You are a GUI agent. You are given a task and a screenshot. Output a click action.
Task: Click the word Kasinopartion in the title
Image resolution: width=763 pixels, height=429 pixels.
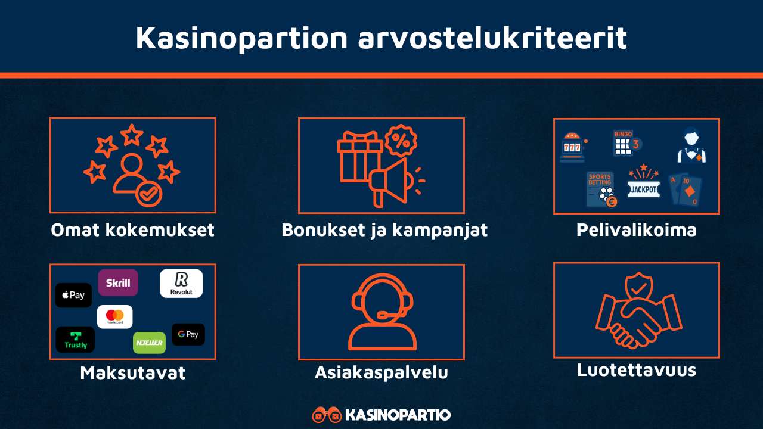click(241, 38)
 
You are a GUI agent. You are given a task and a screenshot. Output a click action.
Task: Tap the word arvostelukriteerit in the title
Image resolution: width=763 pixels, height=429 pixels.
click(492, 38)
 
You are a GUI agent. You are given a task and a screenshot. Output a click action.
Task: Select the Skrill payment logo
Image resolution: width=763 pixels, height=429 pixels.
click(118, 283)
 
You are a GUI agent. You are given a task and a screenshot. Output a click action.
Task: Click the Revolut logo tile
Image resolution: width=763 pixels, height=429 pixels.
click(181, 284)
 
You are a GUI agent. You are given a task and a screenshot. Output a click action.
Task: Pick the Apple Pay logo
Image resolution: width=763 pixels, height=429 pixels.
click(73, 295)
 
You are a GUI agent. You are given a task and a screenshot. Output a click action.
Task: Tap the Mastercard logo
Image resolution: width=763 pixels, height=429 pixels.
click(114, 316)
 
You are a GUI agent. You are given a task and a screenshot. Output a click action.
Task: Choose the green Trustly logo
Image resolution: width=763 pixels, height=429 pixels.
click(75, 339)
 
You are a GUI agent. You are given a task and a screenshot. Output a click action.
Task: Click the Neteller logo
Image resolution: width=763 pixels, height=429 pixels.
click(149, 343)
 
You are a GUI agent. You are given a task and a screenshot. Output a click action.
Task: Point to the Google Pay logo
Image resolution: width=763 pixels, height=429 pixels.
click(188, 334)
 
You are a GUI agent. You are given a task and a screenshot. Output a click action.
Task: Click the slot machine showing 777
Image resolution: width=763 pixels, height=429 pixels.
click(573, 147)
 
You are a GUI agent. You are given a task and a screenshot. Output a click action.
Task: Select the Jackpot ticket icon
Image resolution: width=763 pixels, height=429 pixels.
click(643, 186)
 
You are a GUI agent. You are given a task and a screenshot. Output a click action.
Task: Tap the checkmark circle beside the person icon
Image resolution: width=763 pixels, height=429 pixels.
click(148, 194)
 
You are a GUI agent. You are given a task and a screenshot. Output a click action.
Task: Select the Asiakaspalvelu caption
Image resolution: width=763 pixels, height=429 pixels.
click(381, 372)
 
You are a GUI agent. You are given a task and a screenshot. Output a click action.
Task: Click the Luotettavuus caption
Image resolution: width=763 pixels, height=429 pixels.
click(636, 370)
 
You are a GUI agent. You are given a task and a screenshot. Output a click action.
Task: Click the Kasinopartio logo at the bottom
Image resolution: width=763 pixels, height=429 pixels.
click(381, 415)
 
